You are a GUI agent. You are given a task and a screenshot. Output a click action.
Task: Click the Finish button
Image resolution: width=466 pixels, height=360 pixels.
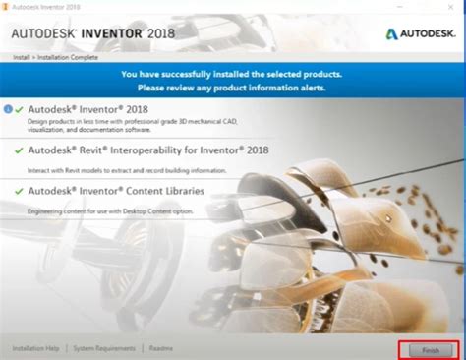click(426, 349)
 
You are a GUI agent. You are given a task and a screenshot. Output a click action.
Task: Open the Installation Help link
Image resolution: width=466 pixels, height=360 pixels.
click(35, 348)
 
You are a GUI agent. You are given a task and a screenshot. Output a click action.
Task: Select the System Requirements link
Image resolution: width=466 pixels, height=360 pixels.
click(105, 348)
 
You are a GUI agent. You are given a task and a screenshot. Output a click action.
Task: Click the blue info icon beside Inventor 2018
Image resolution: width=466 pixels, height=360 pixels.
click(8, 109)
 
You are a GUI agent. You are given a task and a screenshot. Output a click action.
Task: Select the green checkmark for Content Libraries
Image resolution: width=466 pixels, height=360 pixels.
click(20, 189)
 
